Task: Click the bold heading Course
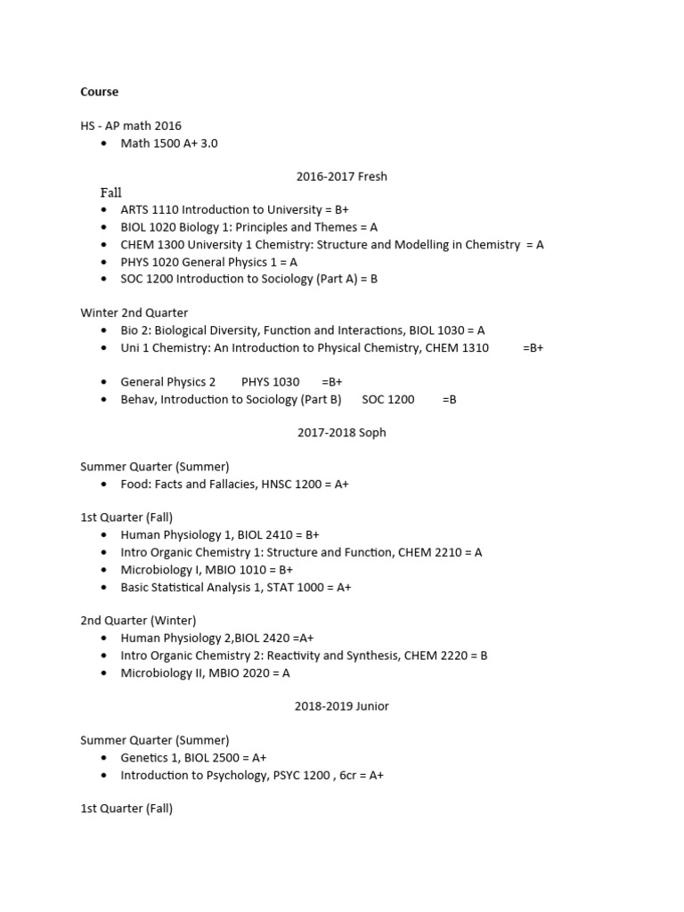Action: pyautogui.click(x=99, y=92)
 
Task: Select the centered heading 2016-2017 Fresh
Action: pyautogui.click(x=342, y=176)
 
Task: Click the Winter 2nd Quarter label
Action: pyautogui.click(x=134, y=313)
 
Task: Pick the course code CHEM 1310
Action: pyautogui.click(x=457, y=348)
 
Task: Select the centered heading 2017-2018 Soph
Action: pyautogui.click(x=342, y=433)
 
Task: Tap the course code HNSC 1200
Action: pyautogui.click(x=282, y=484)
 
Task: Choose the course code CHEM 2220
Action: pyautogui.click(x=438, y=655)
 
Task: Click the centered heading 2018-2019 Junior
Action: pyautogui.click(x=342, y=706)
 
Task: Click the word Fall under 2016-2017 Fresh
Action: pyautogui.click(x=110, y=193)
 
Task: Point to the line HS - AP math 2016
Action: pyautogui.click(x=131, y=126)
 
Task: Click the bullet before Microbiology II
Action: pyautogui.click(x=105, y=673)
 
